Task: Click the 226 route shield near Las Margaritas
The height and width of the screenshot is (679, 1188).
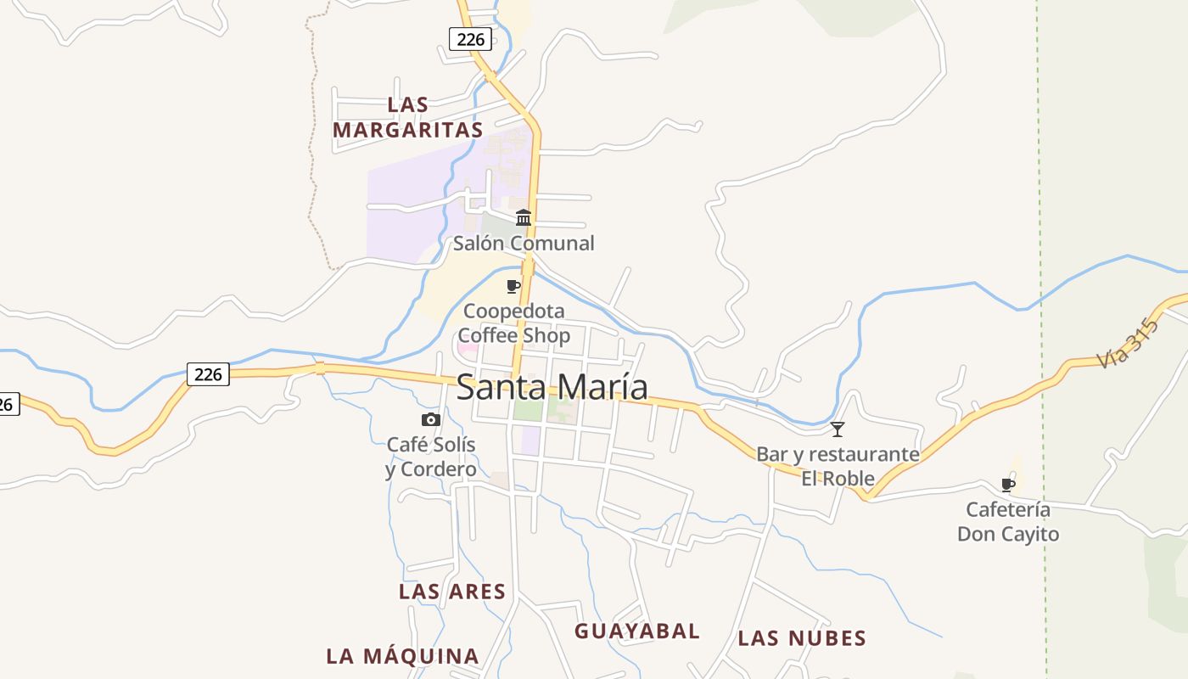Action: point(470,38)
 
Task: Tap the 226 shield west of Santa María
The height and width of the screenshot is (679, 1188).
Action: point(208,373)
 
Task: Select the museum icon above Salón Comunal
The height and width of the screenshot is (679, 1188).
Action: point(524,217)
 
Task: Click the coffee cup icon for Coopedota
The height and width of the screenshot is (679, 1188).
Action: point(513,286)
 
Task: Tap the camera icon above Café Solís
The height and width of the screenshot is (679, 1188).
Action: point(431,419)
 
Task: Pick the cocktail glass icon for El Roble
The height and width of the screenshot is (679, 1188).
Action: point(838,429)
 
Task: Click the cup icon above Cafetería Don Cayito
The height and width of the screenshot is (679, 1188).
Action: point(1008,485)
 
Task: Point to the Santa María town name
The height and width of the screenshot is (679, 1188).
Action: point(552,388)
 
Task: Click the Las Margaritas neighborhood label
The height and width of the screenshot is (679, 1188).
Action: point(408,118)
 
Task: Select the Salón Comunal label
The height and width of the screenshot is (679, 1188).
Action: point(524,244)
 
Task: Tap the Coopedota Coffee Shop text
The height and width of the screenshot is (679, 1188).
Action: point(514,323)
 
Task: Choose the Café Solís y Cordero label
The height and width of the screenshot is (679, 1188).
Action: point(431,457)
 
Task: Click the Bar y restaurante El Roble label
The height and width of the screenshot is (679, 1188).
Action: point(838,466)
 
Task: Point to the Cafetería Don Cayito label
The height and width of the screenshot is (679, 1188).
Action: point(1008,522)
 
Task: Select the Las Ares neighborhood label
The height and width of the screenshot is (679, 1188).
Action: point(452,592)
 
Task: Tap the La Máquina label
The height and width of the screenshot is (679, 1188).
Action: point(403,656)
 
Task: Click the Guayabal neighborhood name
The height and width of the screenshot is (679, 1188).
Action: point(637,631)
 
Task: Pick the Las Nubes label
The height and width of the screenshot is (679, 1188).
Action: point(802,638)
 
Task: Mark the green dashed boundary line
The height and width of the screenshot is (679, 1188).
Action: point(1041,255)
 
